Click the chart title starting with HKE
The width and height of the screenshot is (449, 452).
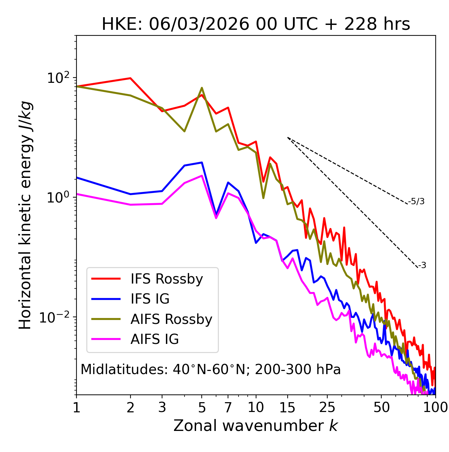256,25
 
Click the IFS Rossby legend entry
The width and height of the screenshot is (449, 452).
167,279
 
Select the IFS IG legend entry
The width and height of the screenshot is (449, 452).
150,299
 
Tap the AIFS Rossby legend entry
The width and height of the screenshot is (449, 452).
171,319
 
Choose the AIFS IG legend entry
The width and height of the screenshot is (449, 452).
155,339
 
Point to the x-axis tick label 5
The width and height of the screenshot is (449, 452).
202,407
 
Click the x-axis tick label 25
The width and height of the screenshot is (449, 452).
327,407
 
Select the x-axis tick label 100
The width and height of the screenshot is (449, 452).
435,407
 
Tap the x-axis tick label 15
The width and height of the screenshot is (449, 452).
287,407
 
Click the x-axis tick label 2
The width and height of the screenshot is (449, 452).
130,407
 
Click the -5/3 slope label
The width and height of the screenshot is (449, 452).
416,201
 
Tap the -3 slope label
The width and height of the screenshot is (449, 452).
422,266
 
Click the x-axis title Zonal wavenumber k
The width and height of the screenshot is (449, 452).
256,426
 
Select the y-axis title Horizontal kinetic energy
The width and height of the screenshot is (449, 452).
25,215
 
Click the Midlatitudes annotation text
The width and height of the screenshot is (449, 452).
210,370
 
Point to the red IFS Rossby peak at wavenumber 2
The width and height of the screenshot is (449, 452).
130,78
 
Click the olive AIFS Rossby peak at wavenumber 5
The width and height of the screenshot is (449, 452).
202,88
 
